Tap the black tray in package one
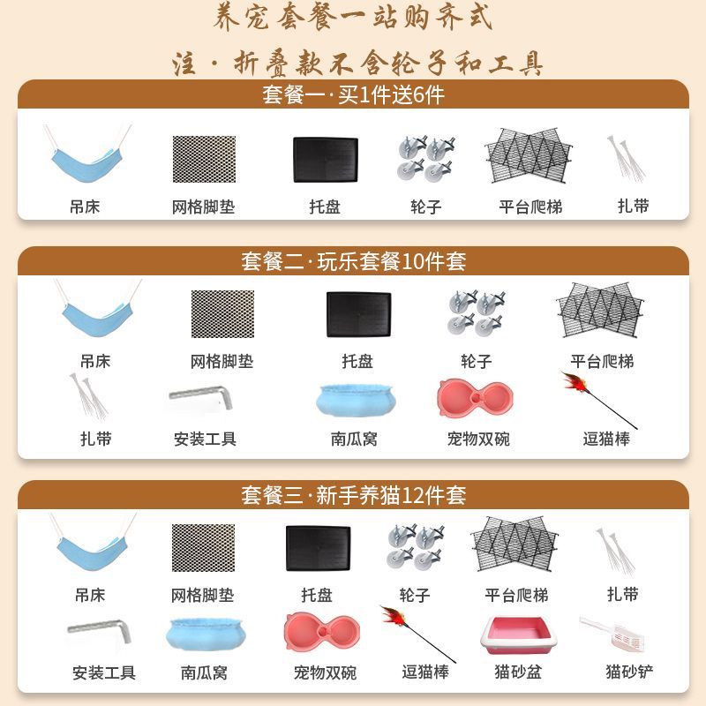pos(326,160)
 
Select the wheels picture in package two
pos(477,313)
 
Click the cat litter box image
pos(518,635)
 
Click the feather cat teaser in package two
pos(599,400)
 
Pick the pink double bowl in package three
pos(322,631)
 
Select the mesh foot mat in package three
pos(204,548)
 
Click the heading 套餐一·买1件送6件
pos(354,95)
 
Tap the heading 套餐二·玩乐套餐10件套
pos(354,261)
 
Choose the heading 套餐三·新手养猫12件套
pos(354,495)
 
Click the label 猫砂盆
pos(518,672)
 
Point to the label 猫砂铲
pos(629,672)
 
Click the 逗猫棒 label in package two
pos(606,439)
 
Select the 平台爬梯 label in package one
pos(530,207)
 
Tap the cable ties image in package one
pos(626,158)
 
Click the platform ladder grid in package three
pos(514,545)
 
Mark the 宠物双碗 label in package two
pos(478,439)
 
